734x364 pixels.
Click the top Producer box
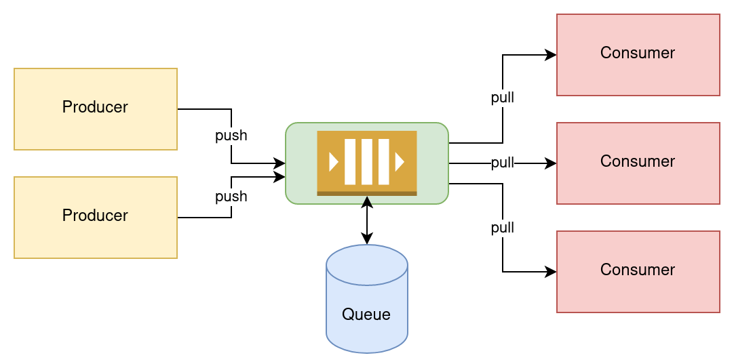pyautogui.click(x=95, y=108)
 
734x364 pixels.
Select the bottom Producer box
pyautogui.click(x=95, y=217)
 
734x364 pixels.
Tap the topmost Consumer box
pyautogui.click(x=638, y=54)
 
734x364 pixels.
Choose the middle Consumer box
pyautogui.click(x=638, y=163)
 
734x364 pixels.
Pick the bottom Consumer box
pyautogui.click(x=638, y=271)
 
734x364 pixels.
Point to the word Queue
pyautogui.click(x=366, y=315)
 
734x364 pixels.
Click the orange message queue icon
pyautogui.click(x=366, y=163)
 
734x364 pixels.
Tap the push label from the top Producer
pyautogui.click(x=231, y=136)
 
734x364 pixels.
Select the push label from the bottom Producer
pyautogui.click(x=231, y=197)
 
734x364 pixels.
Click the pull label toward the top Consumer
pyautogui.click(x=502, y=98)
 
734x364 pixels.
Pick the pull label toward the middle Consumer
pyautogui.click(x=502, y=163)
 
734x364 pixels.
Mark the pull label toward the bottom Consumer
pyautogui.click(x=502, y=228)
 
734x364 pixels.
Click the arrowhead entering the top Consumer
pyautogui.click(x=552, y=55)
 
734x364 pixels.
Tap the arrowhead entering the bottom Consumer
pyautogui.click(x=552, y=272)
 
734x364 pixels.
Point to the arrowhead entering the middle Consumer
pyautogui.click(x=552, y=163)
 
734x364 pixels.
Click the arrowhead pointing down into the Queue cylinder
pyautogui.click(x=367, y=239)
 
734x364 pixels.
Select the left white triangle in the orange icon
pyautogui.click(x=333, y=162)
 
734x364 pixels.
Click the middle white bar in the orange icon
pyautogui.click(x=366, y=162)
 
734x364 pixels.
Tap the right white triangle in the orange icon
pyautogui.click(x=400, y=162)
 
